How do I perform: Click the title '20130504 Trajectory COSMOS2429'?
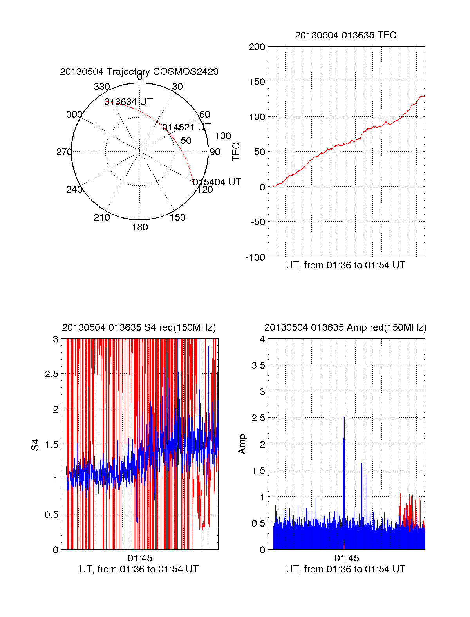[139, 72]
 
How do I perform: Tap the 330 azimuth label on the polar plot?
[101, 87]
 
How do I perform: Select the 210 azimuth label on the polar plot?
[101, 217]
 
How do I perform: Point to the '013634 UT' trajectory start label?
[128, 102]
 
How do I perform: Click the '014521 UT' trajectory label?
[186, 127]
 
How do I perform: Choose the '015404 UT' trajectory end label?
[217, 182]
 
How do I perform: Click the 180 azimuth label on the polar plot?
[140, 227]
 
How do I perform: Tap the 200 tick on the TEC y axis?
[257, 47]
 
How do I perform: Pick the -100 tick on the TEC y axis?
[255, 257]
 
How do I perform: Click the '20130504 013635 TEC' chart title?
[345, 35]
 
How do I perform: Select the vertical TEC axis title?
[236, 152]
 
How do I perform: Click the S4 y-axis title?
[35, 445]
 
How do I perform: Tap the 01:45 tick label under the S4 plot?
[140, 558]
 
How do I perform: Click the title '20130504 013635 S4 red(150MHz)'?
[139, 327]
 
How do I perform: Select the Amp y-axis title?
[242, 444]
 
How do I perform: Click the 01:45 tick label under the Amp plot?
[347, 558]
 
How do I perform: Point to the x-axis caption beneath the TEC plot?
[345, 265]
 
